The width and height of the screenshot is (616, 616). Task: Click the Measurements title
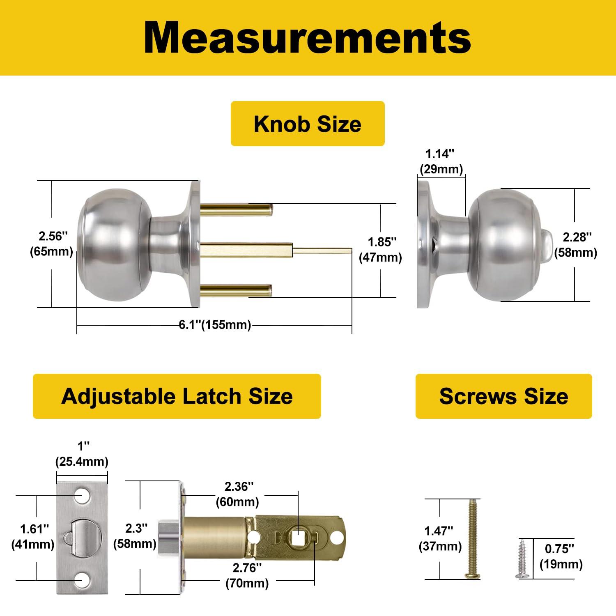(307, 38)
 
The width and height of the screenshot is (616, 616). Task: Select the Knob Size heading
(307, 124)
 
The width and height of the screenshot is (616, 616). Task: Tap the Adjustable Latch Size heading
(177, 396)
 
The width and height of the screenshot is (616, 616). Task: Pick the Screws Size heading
(503, 396)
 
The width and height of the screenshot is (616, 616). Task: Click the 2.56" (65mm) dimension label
(51, 244)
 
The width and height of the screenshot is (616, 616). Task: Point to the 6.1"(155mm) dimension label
(215, 325)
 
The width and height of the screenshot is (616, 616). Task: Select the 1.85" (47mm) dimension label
(380, 250)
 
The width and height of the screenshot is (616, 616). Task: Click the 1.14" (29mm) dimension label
(441, 161)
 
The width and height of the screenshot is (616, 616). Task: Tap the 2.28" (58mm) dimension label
(575, 245)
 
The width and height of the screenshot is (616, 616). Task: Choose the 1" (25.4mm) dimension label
(82, 454)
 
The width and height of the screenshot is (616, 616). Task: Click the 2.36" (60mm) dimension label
(237, 494)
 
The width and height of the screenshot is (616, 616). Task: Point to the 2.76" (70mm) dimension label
(247, 575)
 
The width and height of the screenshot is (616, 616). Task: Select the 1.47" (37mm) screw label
(440, 538)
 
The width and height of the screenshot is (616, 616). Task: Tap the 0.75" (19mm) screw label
(561, 556)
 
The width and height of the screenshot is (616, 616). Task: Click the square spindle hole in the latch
(297, 537)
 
